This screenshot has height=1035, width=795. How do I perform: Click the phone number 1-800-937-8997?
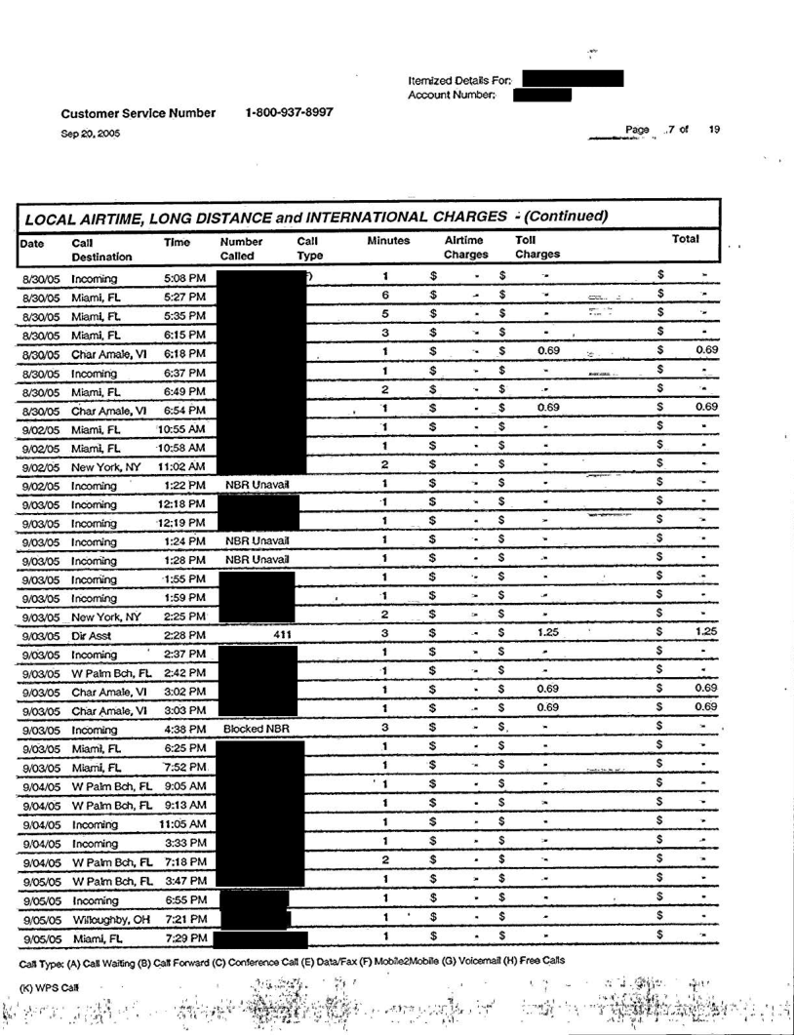291,112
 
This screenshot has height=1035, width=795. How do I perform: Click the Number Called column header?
244,246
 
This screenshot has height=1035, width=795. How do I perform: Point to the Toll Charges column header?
537,246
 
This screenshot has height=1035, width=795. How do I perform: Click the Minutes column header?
388,239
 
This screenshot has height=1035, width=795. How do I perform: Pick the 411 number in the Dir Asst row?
287,633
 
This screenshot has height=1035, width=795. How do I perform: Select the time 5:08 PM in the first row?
185,277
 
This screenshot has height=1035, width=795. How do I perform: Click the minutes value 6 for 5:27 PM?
386,295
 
